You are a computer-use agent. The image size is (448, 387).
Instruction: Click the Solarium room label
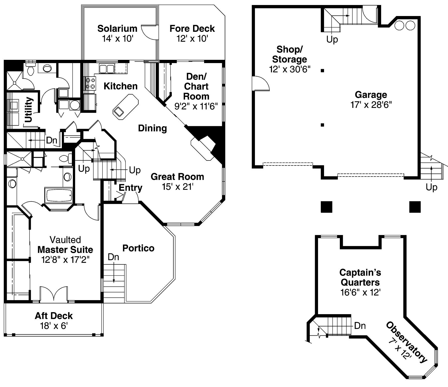tap(117, 29)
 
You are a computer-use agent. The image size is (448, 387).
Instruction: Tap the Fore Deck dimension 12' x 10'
tap(192, 39)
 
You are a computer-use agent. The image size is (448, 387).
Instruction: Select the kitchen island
tap(126, 105)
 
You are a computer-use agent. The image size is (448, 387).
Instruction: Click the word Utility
tap(29, 110)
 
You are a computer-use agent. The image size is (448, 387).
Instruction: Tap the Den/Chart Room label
tap(196, 86)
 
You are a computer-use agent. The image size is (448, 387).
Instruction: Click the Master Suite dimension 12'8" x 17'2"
tap(65, 260)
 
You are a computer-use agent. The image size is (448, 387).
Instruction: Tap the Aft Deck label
tap(54, 316)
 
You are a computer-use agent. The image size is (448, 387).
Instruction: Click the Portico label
tap(138, 248)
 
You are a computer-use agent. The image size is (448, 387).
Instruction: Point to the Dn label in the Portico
tap(113, 257)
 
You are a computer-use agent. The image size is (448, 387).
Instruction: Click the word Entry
tap(130, 187)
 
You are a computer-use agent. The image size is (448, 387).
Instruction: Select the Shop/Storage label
tap(289, 54)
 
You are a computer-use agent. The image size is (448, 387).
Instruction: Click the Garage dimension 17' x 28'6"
tap(371, 105)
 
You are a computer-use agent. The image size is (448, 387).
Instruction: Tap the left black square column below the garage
tap(327, 207)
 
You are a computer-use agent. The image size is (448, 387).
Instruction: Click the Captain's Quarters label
tap(360, 277)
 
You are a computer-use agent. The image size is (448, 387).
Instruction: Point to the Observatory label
tap(406, 342)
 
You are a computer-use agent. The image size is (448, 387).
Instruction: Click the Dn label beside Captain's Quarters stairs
tap(360, 326)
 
